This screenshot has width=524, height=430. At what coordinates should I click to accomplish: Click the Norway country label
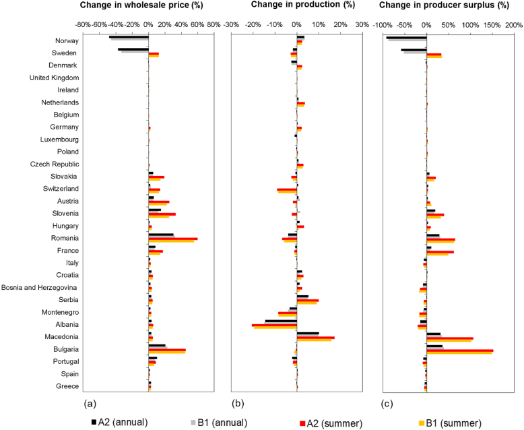click(65, 40)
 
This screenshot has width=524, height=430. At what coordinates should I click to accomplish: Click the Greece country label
click(66, 386)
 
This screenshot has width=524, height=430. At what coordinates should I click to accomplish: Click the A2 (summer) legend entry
click(331, 423)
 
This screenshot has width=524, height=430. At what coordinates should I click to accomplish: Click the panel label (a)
click(89, 404)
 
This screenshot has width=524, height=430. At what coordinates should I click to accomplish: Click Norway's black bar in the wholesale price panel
click(129, 37)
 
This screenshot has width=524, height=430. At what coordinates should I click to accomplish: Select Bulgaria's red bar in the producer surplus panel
click(459, 350)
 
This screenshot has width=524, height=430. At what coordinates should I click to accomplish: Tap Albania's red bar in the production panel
click(274, 326)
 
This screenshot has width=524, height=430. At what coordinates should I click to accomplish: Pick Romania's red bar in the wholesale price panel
click(172, 239)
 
